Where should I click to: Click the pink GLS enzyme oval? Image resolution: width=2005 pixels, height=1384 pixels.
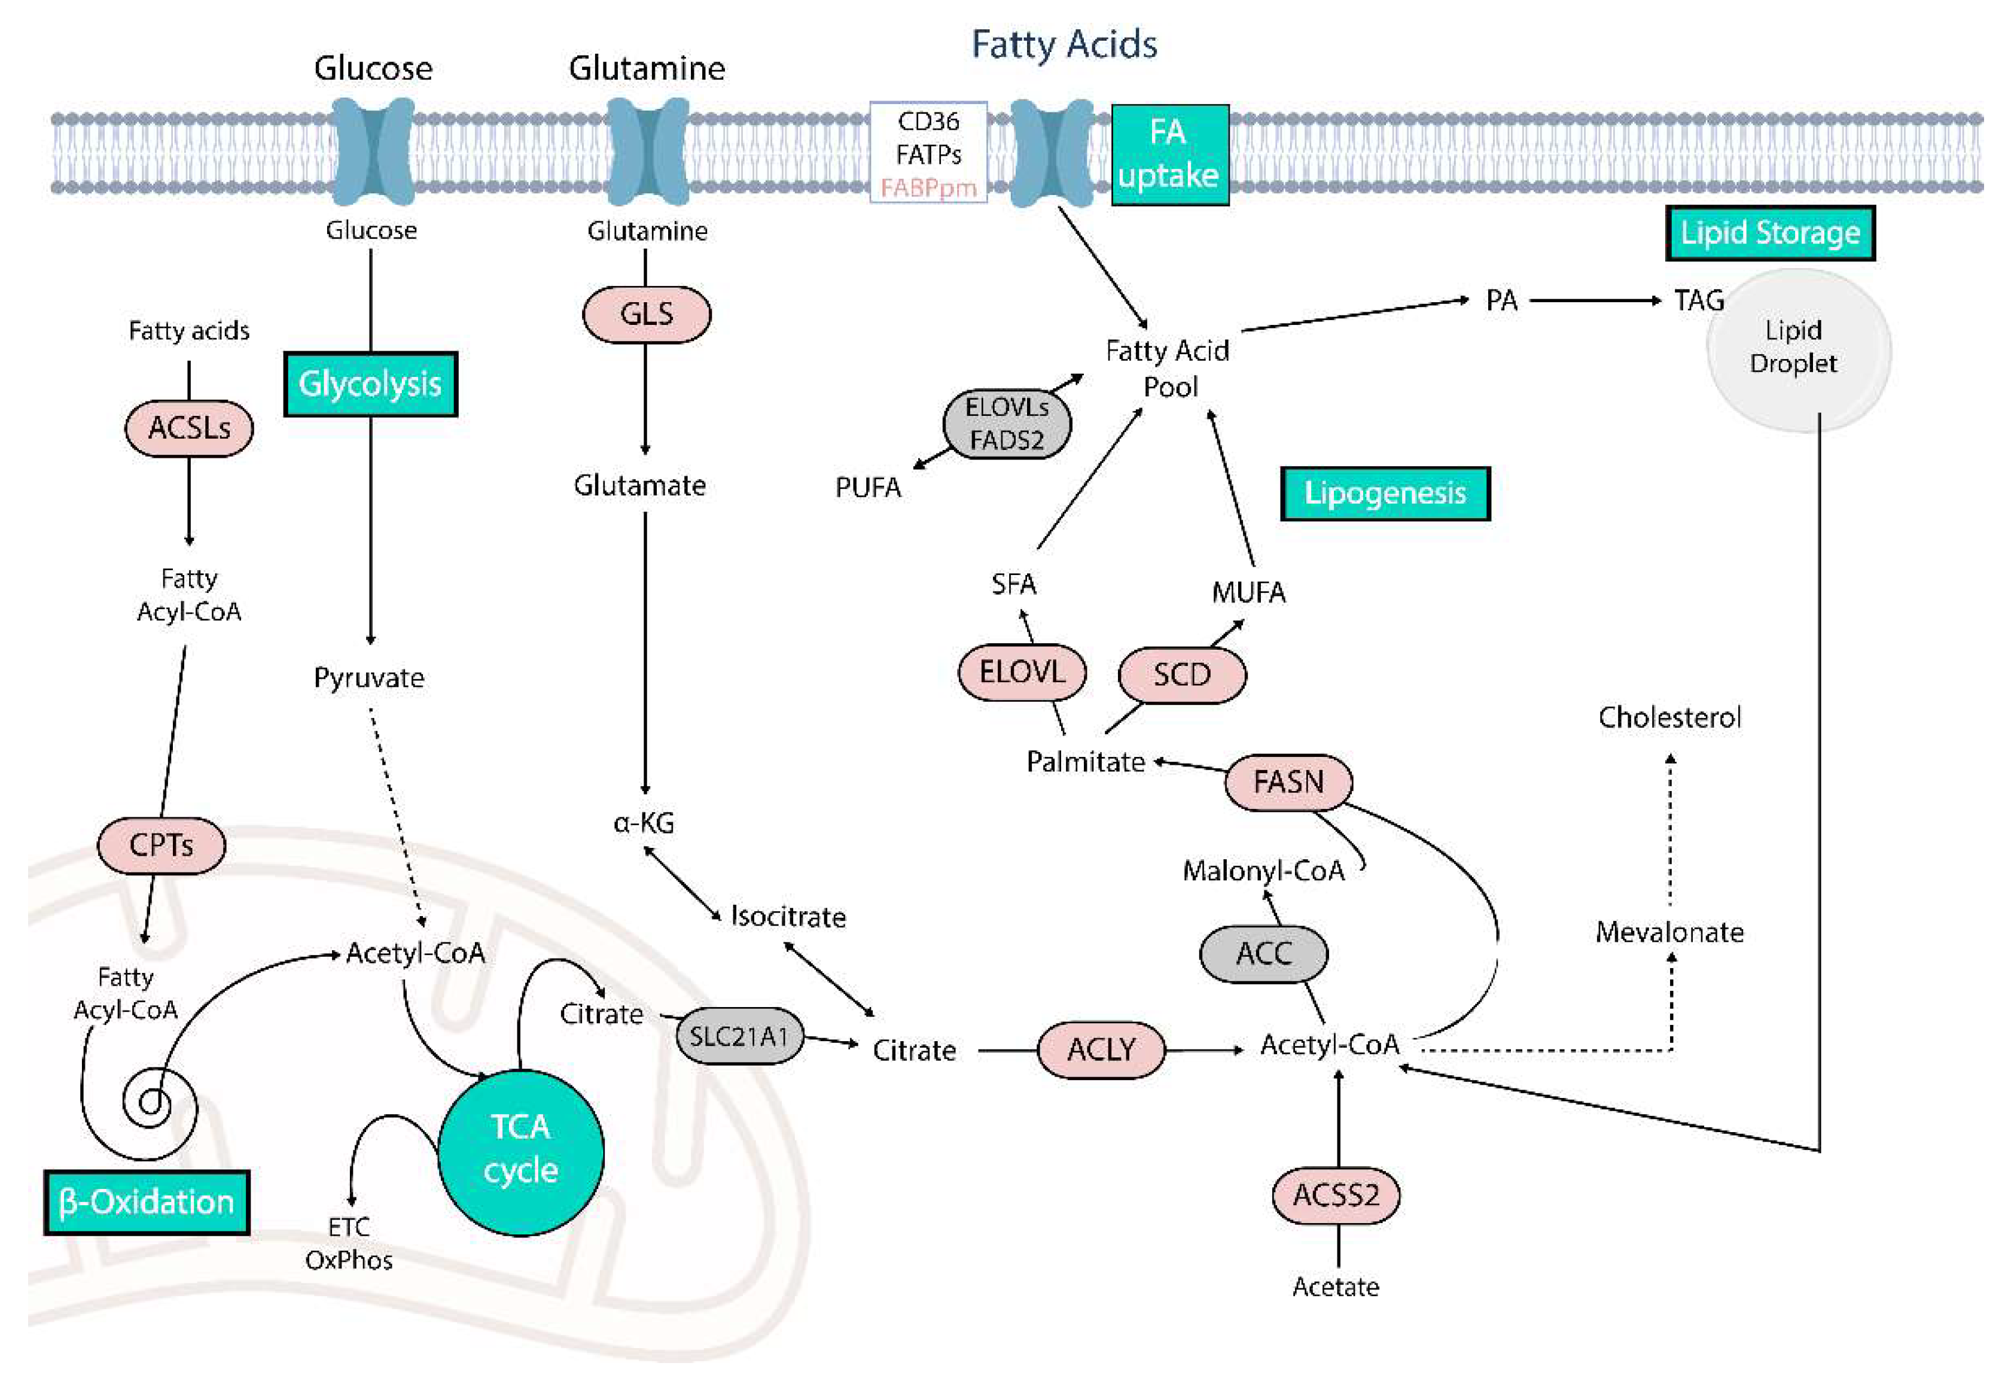[646, 314]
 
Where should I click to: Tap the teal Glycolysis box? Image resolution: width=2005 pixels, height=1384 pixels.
[370, 384]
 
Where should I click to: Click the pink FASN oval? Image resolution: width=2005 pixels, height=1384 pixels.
[1288, 782]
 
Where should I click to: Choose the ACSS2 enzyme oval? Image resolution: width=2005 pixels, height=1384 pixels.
[1335, 1195]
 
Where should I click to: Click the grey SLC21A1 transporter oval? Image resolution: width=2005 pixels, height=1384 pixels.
[739, 1036]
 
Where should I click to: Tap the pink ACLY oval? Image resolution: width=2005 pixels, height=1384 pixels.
[1101, 1050]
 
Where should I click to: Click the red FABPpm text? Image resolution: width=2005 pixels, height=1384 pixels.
[928, 188]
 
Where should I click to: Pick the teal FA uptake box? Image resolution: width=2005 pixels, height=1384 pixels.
[1169, 154]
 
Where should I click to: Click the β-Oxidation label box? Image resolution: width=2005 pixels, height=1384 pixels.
[147, 1202]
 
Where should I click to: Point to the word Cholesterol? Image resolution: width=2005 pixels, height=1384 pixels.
[1669, 718]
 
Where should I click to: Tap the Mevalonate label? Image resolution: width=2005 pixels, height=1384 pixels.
[1669, 933]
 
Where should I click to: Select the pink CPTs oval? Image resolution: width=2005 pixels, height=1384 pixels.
[162, 845]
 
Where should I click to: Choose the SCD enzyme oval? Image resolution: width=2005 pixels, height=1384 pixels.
[1181, 675]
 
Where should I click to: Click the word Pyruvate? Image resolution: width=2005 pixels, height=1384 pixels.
[369, 678]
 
